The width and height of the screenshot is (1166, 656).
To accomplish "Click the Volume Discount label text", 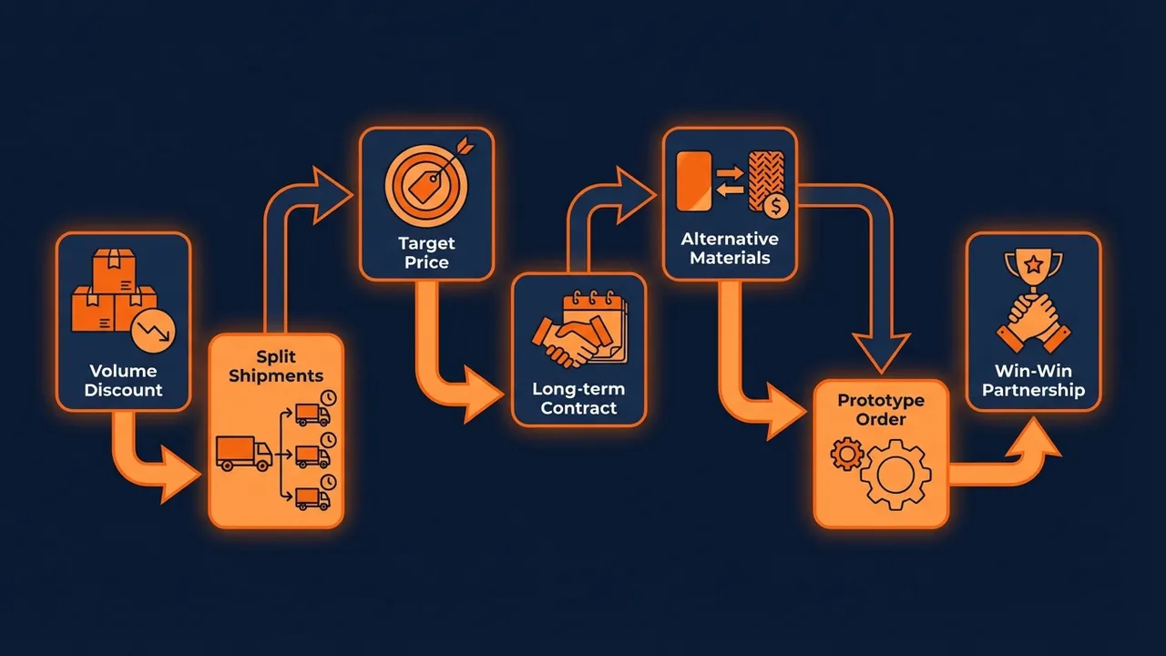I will [123, 381].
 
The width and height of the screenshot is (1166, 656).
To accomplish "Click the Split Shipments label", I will [276, 366].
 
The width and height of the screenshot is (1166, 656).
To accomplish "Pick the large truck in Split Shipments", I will [244, 453].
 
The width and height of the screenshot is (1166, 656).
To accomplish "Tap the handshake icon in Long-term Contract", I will [565, 342].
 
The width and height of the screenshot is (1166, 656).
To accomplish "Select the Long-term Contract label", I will [578, 399].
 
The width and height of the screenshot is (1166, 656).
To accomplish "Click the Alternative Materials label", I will [730, 248].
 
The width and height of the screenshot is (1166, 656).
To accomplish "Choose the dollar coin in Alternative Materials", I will [776, 207].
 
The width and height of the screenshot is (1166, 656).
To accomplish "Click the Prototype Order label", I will [880, 410].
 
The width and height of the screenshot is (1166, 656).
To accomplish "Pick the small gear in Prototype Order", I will [848, 453].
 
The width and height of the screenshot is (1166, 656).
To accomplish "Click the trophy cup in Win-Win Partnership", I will [1033, 269].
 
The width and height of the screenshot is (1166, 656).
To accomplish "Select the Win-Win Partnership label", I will [1033, 381].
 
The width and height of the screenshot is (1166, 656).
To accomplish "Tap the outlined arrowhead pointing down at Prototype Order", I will [881, 352].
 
